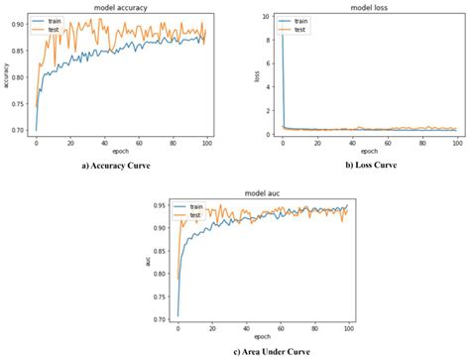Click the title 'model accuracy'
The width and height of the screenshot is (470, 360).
click(119, 7)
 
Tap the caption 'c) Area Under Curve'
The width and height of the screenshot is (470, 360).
click(237, 348)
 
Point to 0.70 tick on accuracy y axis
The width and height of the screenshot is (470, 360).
click(19, 130)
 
